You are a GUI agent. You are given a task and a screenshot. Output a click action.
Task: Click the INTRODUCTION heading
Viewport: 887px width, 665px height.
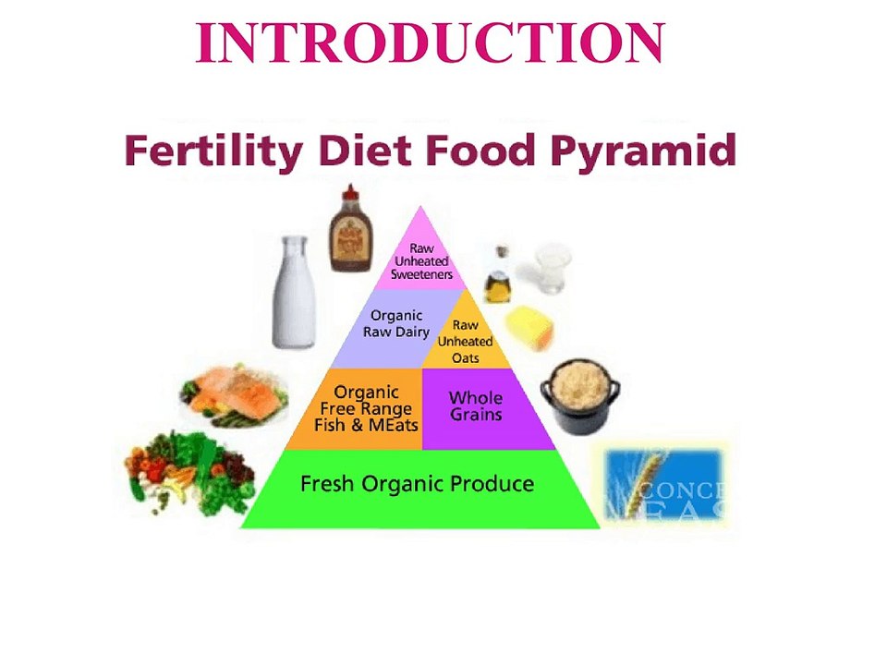tap(431, 43)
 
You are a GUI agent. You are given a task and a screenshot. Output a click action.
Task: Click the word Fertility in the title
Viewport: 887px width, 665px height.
tap(210, 150)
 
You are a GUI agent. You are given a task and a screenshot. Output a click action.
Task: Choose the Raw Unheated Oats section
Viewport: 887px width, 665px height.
tap(466, 340)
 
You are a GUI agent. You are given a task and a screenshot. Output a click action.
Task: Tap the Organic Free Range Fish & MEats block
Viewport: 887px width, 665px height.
tap(368, 409)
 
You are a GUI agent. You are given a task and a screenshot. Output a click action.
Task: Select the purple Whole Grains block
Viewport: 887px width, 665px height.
tap(476, 406)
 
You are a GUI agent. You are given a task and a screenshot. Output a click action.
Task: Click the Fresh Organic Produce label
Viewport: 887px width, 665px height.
tap(418, 484)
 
